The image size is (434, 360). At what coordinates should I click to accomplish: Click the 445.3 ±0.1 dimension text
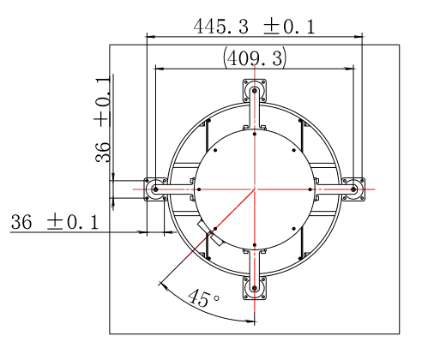tap(254, 27)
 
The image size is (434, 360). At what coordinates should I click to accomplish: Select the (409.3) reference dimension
tap(254, 58)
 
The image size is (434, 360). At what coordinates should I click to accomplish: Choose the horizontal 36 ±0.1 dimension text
tap(54, 223)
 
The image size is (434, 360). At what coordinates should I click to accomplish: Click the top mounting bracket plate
tap(255, 92)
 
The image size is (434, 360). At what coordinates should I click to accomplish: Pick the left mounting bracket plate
tap(155, 189)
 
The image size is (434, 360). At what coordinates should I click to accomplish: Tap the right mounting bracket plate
tap(353, 189)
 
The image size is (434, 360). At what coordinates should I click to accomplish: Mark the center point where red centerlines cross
tap(255, 189)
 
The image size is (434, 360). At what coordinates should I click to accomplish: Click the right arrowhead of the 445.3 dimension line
tap(359, 36)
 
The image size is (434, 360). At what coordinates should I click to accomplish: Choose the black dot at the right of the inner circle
tap(311, 189)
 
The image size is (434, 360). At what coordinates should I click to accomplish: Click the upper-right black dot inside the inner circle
tap(294, 150)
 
